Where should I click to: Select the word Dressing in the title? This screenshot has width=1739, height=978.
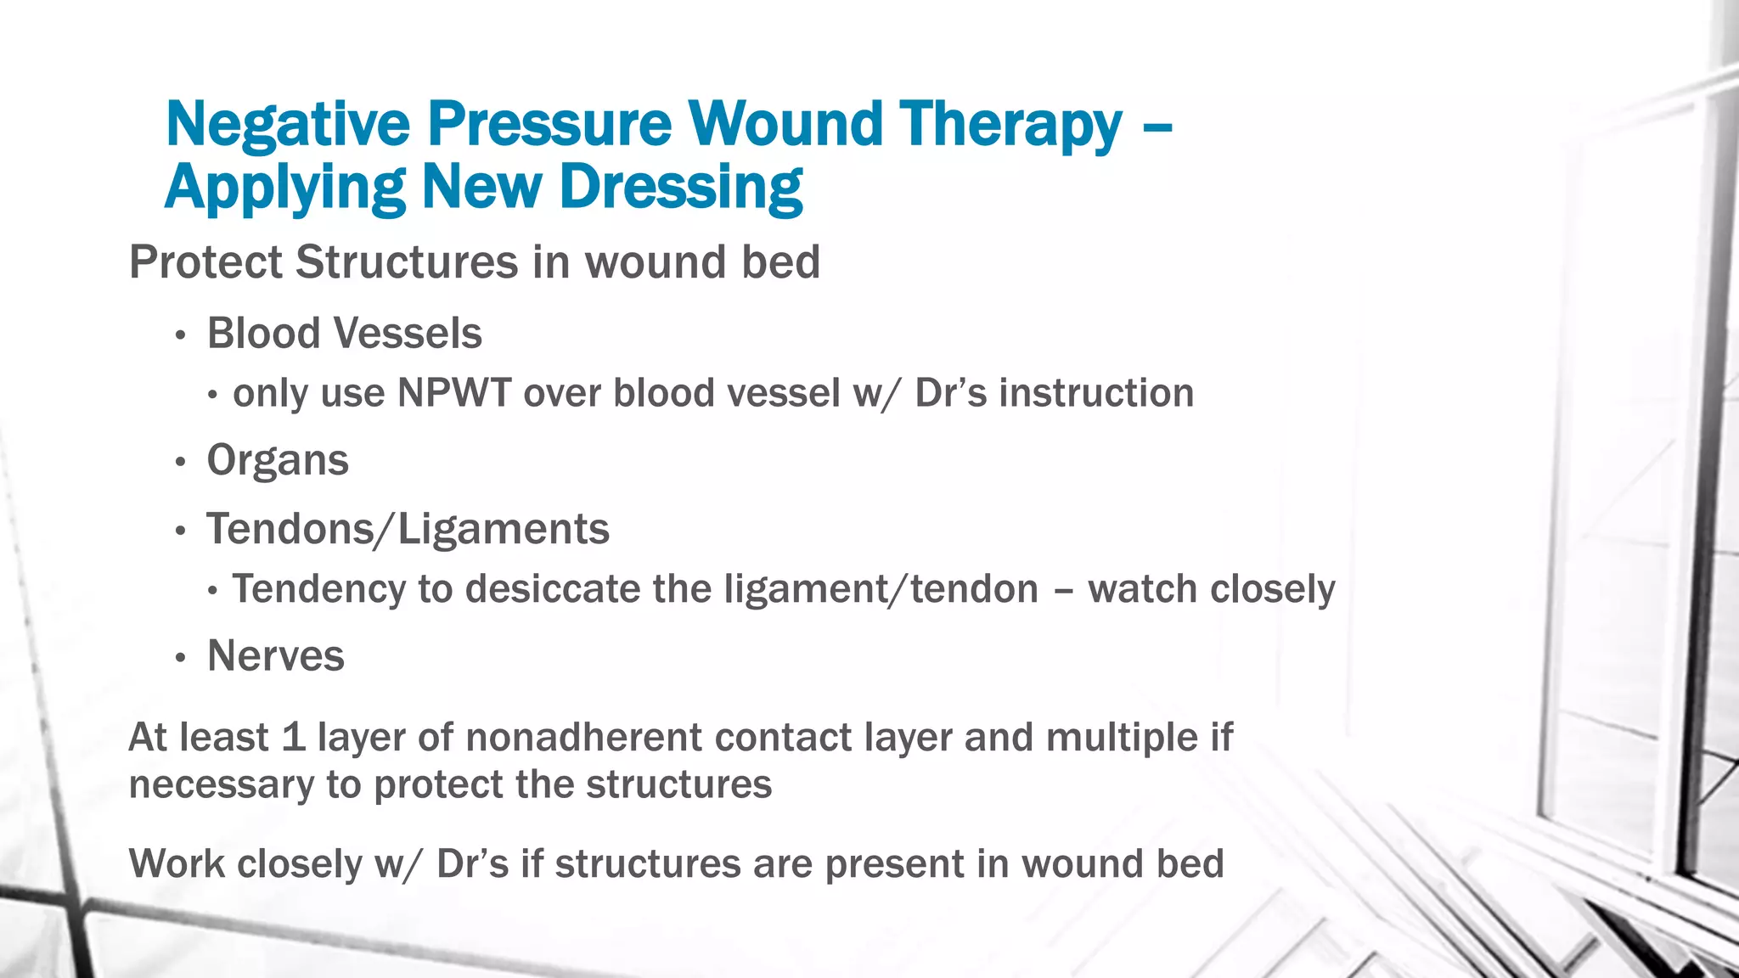[681, 188]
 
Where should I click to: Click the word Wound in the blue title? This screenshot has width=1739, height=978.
[785, 125]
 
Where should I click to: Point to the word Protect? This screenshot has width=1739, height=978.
[205, 261]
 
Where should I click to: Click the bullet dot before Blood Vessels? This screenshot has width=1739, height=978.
[180, 335]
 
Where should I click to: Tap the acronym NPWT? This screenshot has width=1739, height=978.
[454, 393]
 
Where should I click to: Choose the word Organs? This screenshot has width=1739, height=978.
[278, 461]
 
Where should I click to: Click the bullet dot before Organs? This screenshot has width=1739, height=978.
[180, 463]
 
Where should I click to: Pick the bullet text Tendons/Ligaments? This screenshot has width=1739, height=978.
[408, 529]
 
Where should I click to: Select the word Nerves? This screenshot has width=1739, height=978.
[276, 656]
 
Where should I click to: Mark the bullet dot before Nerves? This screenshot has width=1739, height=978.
[180, 658]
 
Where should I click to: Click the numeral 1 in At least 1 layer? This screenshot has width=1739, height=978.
[293, 737]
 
